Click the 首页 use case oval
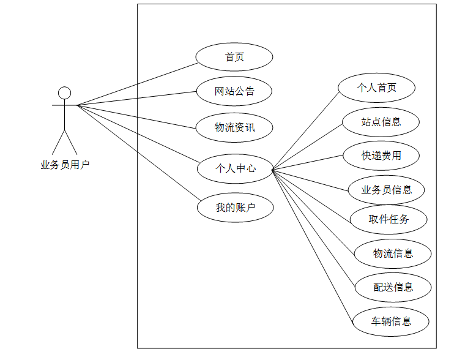[x=234, y=58]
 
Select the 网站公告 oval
[x=234, y=92]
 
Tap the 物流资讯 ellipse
[x=234, y=127]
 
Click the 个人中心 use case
[x=235, y=168]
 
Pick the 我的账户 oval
[x=235, y=208]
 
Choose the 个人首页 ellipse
[x=377, y=88]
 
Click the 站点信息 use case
[x=381, y=121]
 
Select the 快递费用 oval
[x=381, y=156]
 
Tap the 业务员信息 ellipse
[x=386, y=189]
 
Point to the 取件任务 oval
[x=389, y=219]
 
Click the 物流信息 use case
[x=393, y=253]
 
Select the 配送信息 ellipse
[x=393, y=287]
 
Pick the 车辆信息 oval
[x=391, y=321]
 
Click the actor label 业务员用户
[x=65, y=164]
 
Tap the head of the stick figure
[x=64, y=93]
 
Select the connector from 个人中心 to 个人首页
[x=305, y=131]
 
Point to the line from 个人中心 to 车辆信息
[x=313, y=244]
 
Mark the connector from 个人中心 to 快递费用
[x=308, y=162]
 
